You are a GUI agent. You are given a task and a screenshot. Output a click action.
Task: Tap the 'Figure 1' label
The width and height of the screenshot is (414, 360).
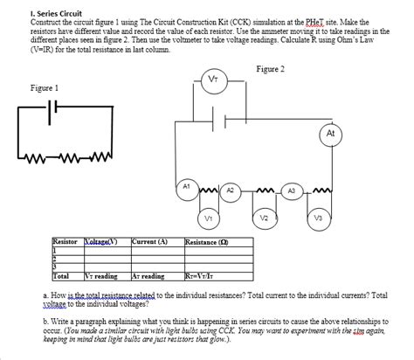pyautogui.click(x=44, y=88)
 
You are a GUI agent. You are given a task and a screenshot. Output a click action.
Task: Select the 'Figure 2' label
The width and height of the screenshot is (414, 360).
pyautogui.click(x=272, y=69)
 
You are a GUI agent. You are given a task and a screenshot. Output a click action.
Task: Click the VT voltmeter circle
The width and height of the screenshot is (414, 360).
pyautogui.click(x=214, y=81)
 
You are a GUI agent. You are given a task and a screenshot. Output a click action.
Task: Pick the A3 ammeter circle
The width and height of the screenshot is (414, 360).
pyautogui.click(x=293, y=190)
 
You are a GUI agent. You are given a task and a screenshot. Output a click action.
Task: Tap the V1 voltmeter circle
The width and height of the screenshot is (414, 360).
pyautogui.click(x=208, y=217)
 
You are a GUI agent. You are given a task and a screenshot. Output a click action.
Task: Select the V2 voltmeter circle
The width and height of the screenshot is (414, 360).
pyautogui.click(x=264, y=217)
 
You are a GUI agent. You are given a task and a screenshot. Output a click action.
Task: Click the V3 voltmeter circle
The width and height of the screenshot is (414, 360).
pyautogui.click(x=320, y=217)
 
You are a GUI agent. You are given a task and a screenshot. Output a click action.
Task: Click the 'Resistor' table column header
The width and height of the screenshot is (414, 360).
pyautogui.click(x=66, y=240)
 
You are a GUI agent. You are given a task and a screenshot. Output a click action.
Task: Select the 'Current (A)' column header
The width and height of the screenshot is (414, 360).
pyautogui.click(x=149, y=240)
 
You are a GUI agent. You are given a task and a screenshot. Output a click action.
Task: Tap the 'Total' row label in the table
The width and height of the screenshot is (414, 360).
pyautogui.click(x=62, y=275)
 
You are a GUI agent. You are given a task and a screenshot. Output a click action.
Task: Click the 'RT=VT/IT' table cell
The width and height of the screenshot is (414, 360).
pyautogui.click(x=203, y=275)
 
